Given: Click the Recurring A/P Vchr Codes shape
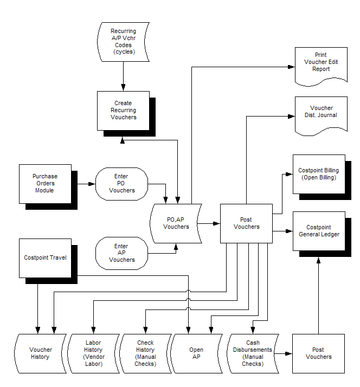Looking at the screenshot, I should point(123,42).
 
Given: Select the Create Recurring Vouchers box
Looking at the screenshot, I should point(123,111).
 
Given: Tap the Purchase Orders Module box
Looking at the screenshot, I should point(45,183).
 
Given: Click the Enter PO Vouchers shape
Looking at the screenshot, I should point(121,183).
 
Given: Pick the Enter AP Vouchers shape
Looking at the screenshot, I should point(121,253).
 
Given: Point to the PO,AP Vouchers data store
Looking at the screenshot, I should point(176,223).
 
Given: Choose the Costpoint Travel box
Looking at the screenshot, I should point(45,257).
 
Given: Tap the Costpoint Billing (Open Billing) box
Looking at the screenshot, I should point(318,174).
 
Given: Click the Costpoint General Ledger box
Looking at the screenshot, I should point(318,230).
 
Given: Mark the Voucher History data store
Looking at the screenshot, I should point(40,353).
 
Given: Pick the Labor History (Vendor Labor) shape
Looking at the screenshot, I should point(93,353).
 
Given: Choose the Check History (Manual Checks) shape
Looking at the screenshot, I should point(145,353).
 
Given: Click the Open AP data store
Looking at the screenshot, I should point(196,353).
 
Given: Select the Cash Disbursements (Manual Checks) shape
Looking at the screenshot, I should point(253,353).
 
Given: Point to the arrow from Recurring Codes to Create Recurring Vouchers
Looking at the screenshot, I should point(124,76).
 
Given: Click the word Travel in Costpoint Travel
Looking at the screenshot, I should point(57,257).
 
